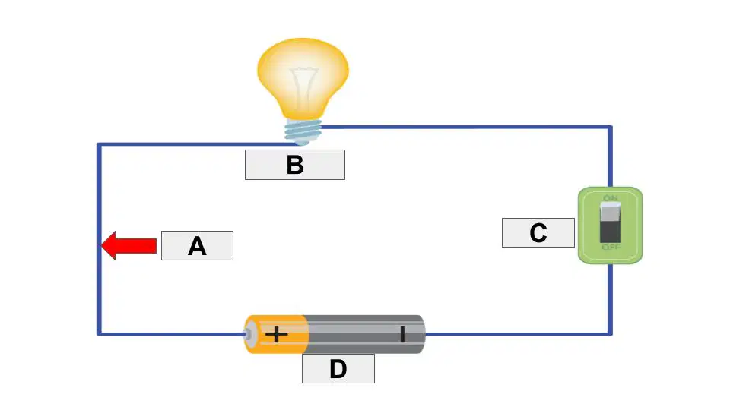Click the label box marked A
(x=197, y=245)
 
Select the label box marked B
(x=295, y=165)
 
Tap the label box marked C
(x=538, y=232)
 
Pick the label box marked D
(x=338, y=369)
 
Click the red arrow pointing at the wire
(x=129, y=245)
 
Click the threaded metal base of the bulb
(x=303, y=131)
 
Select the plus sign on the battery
(x=276, y=334)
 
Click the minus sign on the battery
(x=402, y=334)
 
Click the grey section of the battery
(x=366, y=334)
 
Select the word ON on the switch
(x=611, y=198)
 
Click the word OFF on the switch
(x=611, y=248)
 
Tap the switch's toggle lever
(x=611, y=222)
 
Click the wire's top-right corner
(x=611, y=127)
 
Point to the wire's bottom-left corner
(x=99, y=334)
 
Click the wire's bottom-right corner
(x=611, y=334)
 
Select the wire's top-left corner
(x=99, y=145)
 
